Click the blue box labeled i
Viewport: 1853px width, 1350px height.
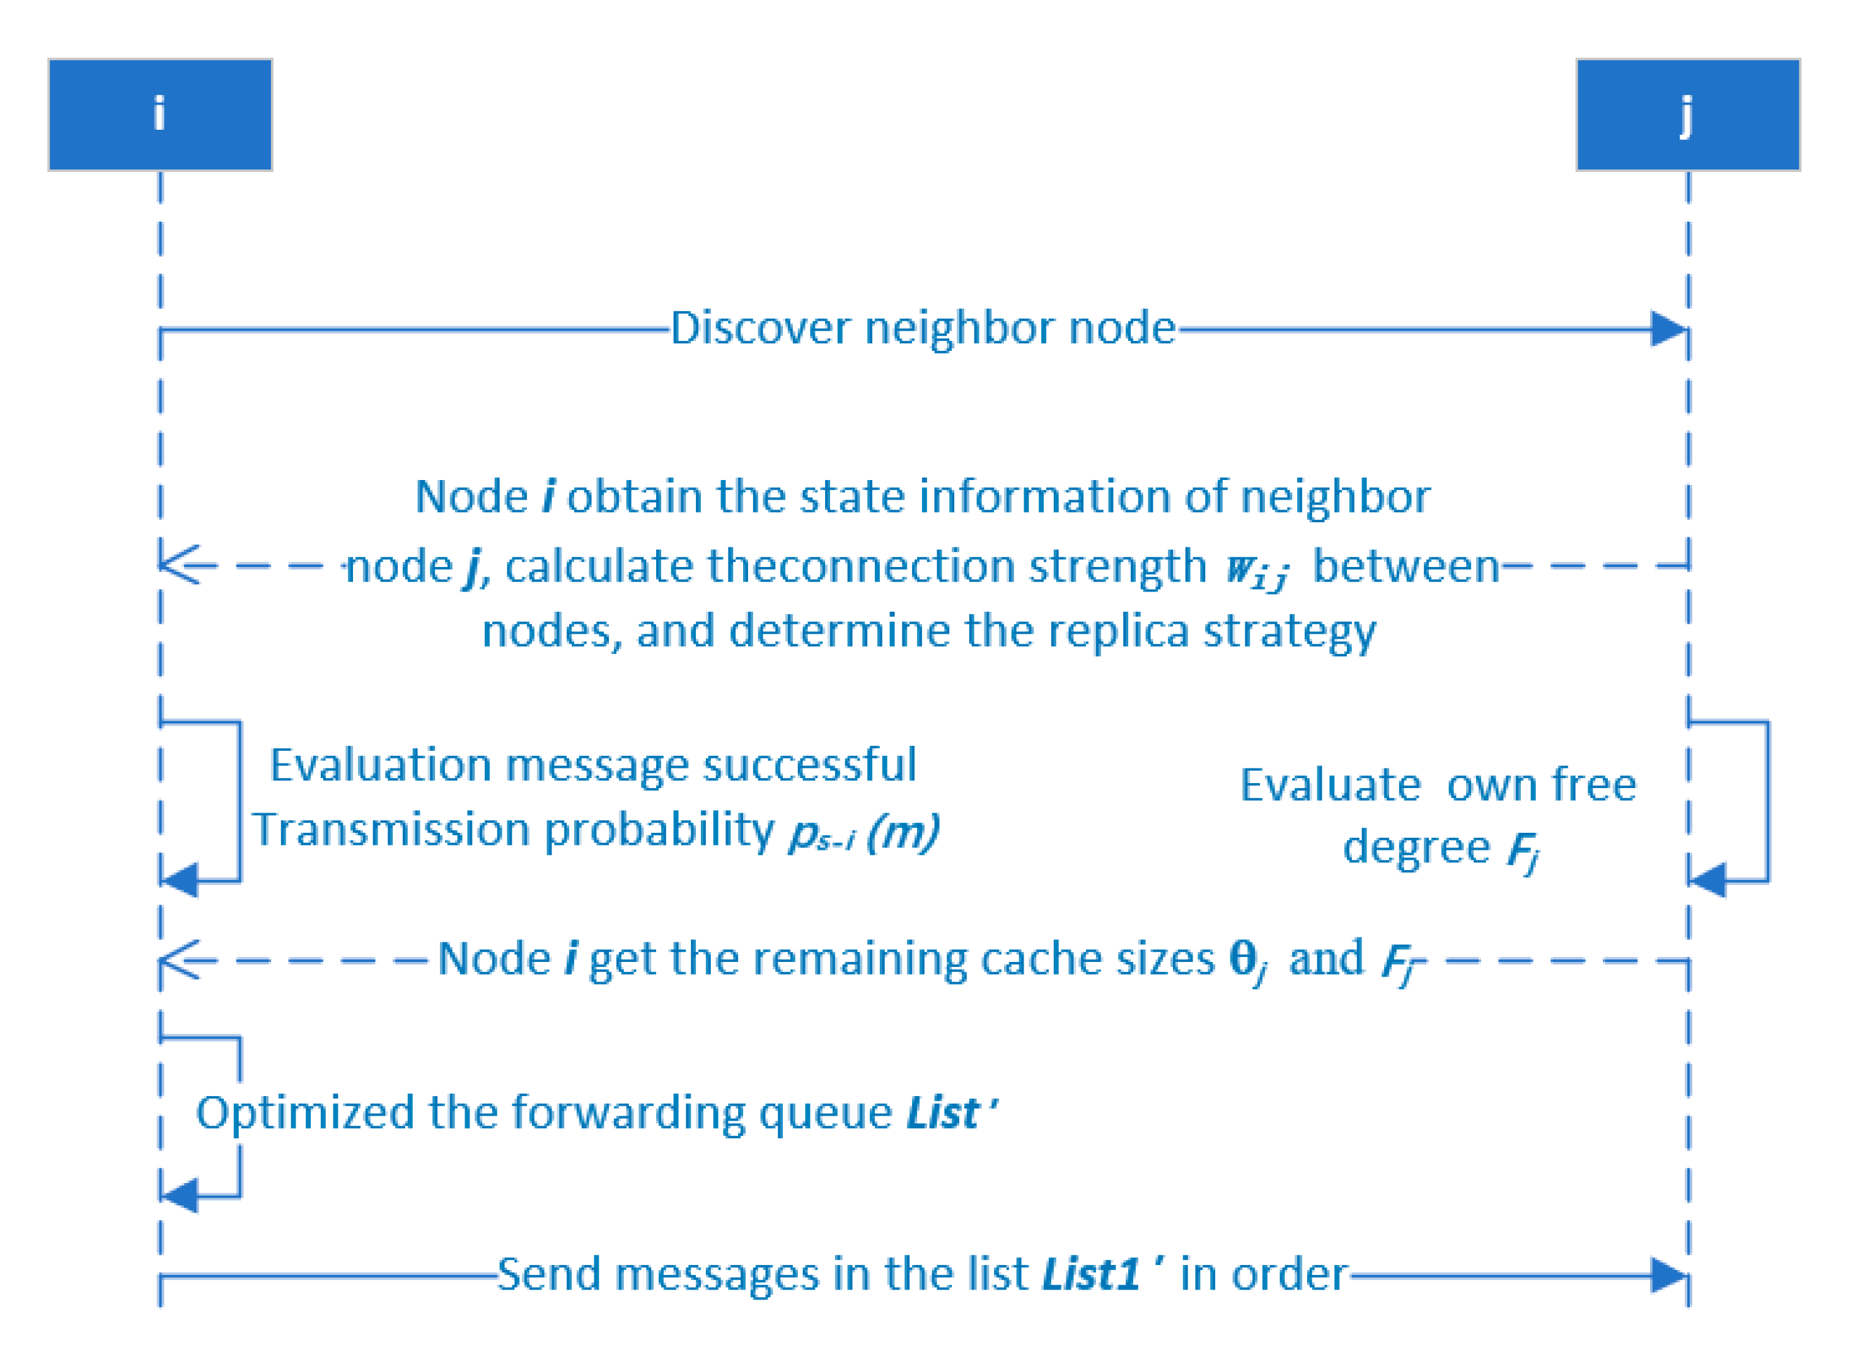(160, 115)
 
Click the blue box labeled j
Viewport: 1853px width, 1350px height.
(1687, 115)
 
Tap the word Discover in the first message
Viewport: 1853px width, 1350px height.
(760, 328)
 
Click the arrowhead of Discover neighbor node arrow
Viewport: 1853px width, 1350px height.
(1668, 329)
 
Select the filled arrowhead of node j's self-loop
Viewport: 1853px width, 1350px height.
(1707, 881)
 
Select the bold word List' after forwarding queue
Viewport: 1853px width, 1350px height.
(950, 1113)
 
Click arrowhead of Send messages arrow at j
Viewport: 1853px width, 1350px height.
(1668, 1275)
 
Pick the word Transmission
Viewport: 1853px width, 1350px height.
(391, 830)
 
